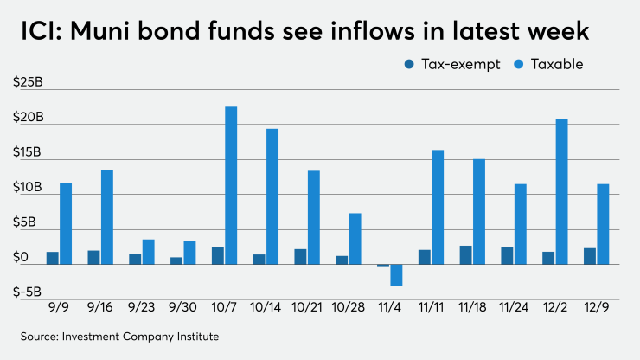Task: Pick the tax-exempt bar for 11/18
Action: click(x=465, y=255)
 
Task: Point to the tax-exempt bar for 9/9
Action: click(x=53, y=258)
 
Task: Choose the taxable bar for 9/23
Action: click(x=149, y=252)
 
